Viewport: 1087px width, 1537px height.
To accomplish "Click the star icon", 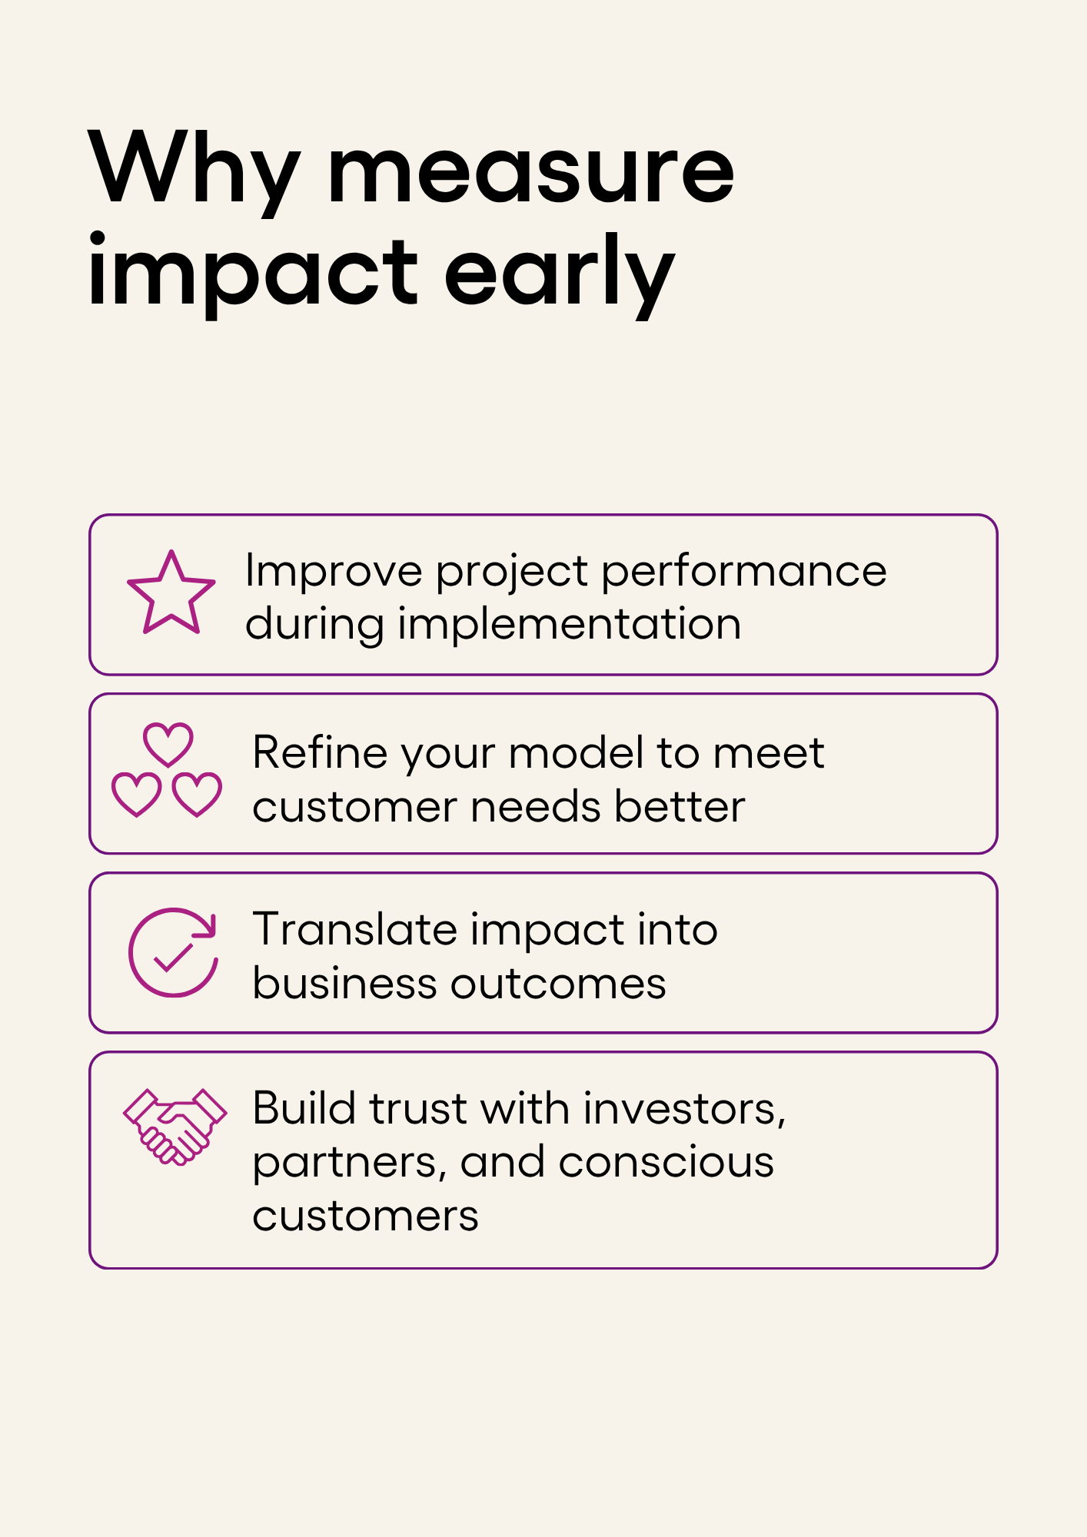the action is coord(171,592).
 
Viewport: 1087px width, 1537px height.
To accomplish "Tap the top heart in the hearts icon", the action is coord(168,744).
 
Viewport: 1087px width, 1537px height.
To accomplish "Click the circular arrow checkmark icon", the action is coord(173,953).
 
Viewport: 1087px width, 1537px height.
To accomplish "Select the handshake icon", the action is coord(175,1127).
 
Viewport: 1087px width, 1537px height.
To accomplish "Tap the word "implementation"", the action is coord(570,624).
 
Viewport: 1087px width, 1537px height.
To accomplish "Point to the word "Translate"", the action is coord(355,929).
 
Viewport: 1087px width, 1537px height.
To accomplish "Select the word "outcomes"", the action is coord(558,984).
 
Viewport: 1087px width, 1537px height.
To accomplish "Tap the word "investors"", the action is coord(684,1109).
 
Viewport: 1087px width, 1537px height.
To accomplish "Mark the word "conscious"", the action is coord(666,1163).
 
